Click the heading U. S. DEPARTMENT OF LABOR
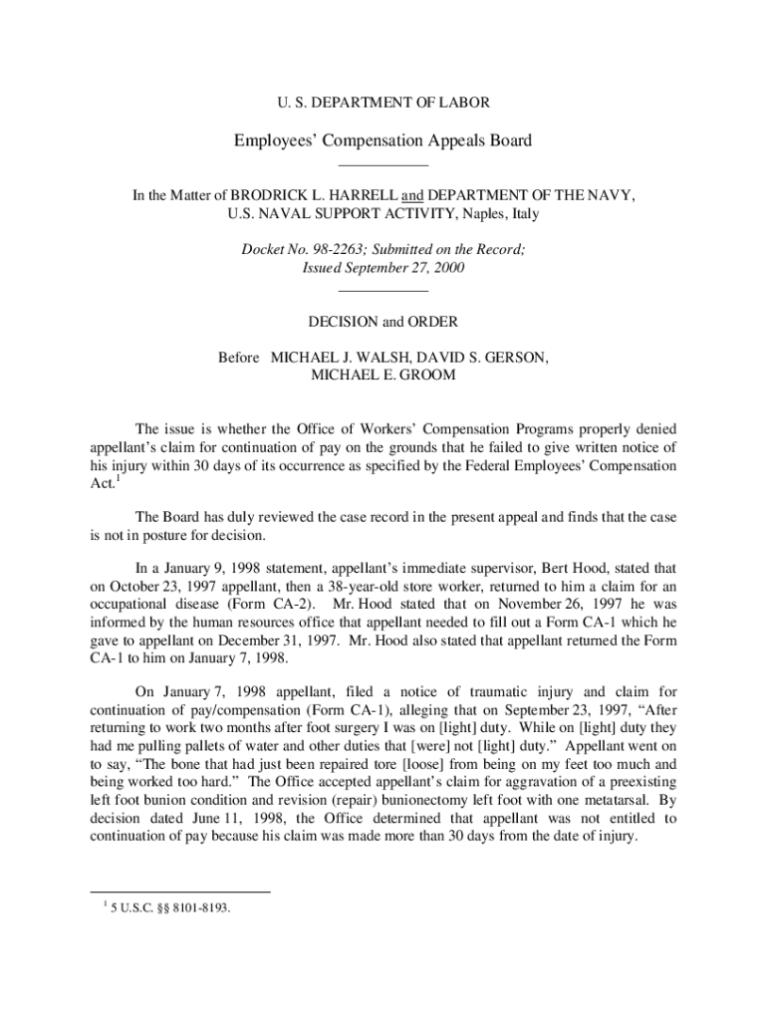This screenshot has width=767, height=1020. point(383,103)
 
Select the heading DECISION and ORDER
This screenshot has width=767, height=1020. point(383,322)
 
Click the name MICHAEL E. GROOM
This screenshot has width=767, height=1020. point(383,375)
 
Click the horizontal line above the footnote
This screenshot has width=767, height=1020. point(180,892)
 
